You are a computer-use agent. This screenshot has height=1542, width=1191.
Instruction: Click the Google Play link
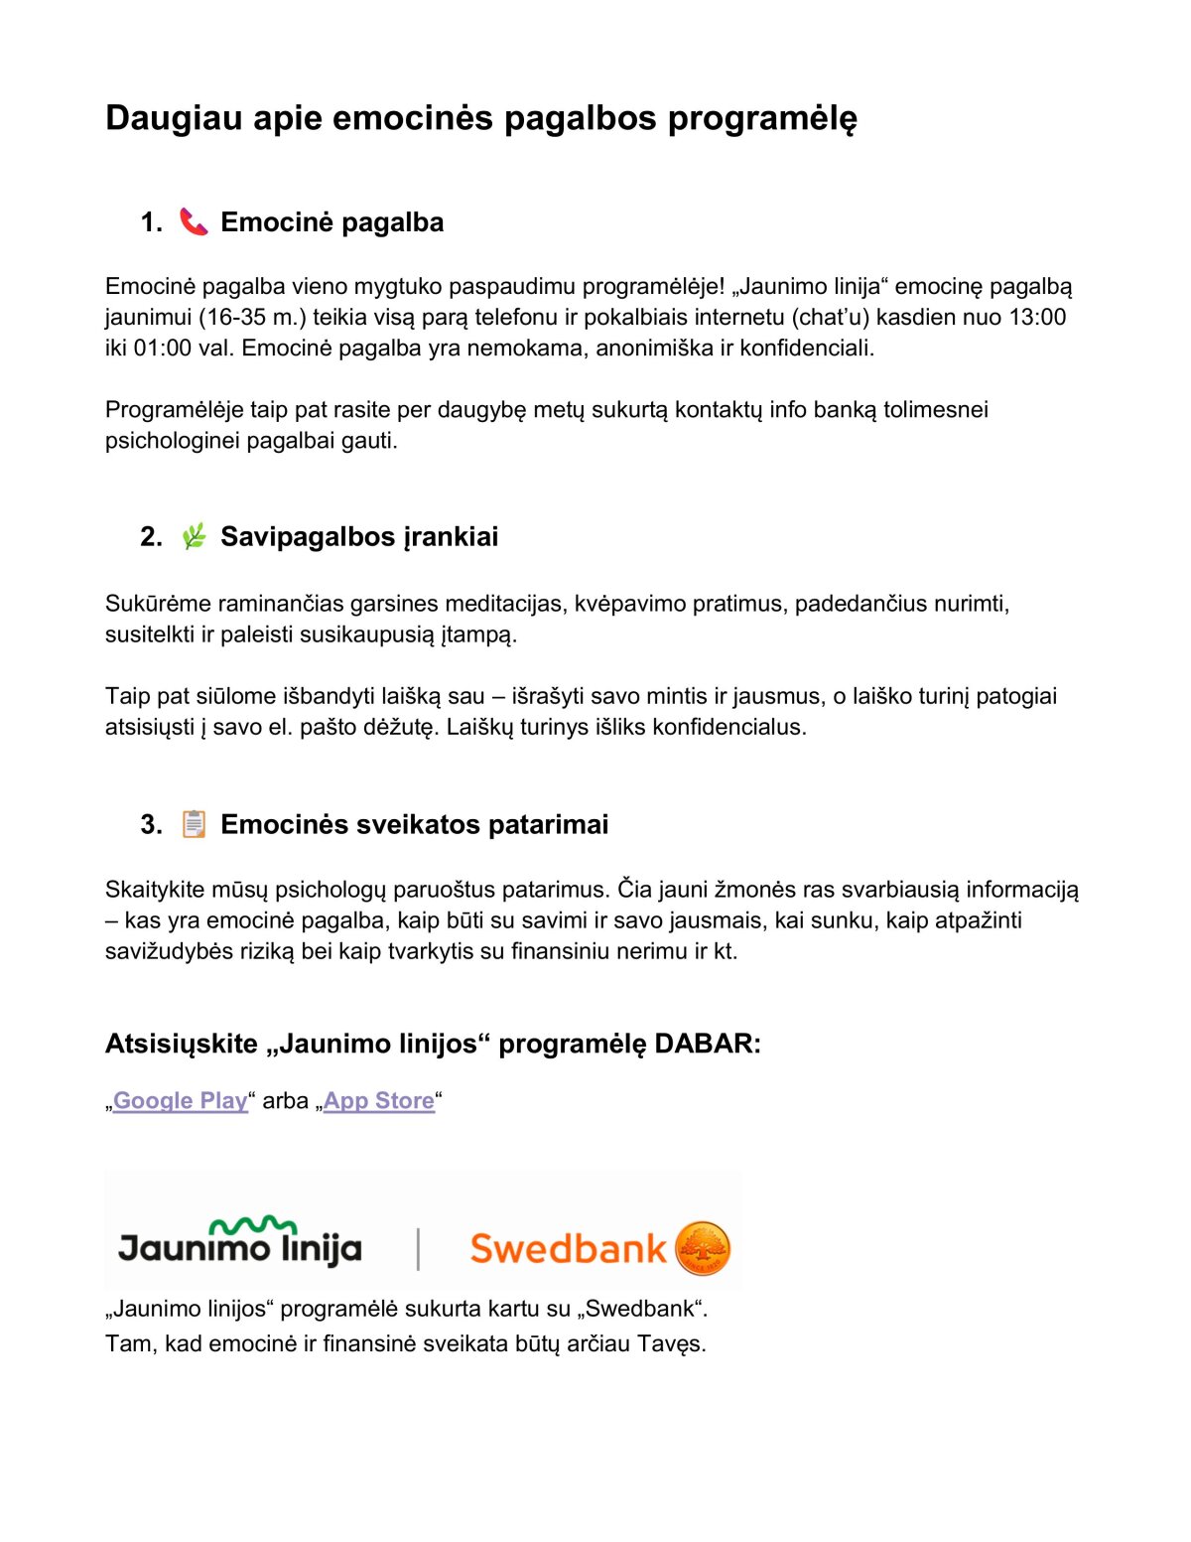tap(180, 1100)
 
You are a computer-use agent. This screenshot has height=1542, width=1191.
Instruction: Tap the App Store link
tap(378, 1100)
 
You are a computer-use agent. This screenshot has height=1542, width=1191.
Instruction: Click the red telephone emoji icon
tap(194, 221)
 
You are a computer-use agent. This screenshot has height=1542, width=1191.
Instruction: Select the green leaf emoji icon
tap(194, 536)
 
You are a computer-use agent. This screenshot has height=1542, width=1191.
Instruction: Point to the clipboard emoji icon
tap(194, 824)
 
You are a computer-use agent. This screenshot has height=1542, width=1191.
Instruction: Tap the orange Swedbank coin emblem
tap(703, 1248)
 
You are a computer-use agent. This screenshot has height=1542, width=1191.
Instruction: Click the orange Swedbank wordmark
tap(568, 1248)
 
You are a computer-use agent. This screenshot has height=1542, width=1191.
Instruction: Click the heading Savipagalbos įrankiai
tap(359, 536)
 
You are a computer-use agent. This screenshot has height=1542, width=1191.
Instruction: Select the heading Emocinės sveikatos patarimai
tap(414, 824)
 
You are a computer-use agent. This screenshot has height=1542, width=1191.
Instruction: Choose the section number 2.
tap(151, 536)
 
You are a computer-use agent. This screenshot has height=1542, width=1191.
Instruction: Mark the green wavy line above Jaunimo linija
tap(253, 1225)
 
